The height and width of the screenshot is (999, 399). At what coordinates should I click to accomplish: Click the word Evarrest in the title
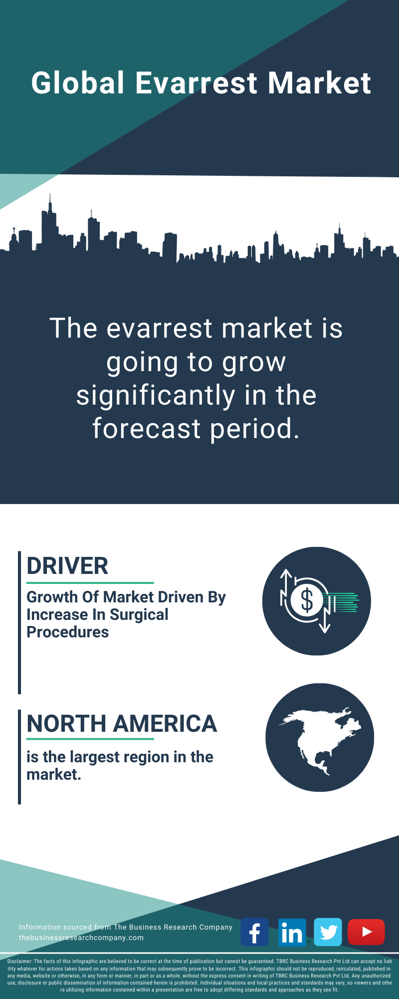196,83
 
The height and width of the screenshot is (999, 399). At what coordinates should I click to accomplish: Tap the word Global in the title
78,83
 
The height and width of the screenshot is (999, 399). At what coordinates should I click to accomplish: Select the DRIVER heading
67,566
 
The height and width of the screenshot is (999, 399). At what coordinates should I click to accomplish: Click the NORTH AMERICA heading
122,724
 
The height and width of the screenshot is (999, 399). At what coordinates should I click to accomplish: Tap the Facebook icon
254,932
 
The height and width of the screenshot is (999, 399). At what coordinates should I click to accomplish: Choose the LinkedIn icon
292,932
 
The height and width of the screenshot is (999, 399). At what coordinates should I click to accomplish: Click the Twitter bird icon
328,932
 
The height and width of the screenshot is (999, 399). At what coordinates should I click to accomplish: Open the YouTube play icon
366,932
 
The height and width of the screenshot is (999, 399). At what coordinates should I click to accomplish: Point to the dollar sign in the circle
307,600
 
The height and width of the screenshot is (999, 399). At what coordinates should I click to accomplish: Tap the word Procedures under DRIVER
67,632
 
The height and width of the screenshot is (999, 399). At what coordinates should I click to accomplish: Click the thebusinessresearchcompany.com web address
81,938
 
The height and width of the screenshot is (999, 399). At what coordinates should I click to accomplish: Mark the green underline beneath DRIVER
90,582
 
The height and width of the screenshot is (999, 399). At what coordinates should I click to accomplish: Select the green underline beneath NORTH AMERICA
90,739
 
